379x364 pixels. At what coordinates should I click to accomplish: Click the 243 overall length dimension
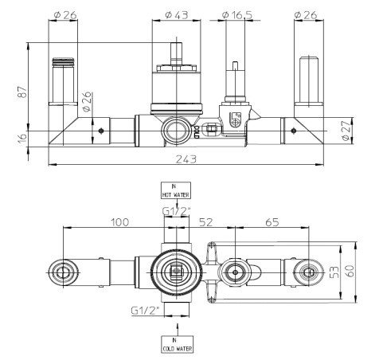186,159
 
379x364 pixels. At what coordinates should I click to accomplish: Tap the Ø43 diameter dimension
177,15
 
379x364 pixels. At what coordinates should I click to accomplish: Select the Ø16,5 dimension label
237,15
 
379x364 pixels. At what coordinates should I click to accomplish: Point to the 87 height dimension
23,92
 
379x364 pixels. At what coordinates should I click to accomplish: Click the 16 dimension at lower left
23,138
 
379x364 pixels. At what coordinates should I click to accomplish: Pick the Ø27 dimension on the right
346,131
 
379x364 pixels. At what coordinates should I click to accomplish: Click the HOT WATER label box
176,190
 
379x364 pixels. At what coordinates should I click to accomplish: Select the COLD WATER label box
177,344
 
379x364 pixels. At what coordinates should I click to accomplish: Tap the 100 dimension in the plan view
119,222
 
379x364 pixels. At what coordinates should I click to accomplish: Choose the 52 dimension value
206,222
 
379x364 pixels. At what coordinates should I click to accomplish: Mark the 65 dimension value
272,222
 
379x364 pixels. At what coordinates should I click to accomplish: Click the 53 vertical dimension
335,272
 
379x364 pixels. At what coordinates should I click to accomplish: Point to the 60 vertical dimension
350,271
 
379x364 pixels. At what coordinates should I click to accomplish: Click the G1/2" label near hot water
177,211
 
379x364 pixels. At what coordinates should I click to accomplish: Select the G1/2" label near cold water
145,311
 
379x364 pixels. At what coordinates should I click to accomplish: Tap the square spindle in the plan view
175,272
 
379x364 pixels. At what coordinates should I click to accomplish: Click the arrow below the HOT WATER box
177,202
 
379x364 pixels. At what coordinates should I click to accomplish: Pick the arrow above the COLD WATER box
178,329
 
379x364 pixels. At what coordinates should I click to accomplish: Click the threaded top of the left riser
63,61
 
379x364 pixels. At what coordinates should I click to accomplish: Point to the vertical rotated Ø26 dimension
88,101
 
